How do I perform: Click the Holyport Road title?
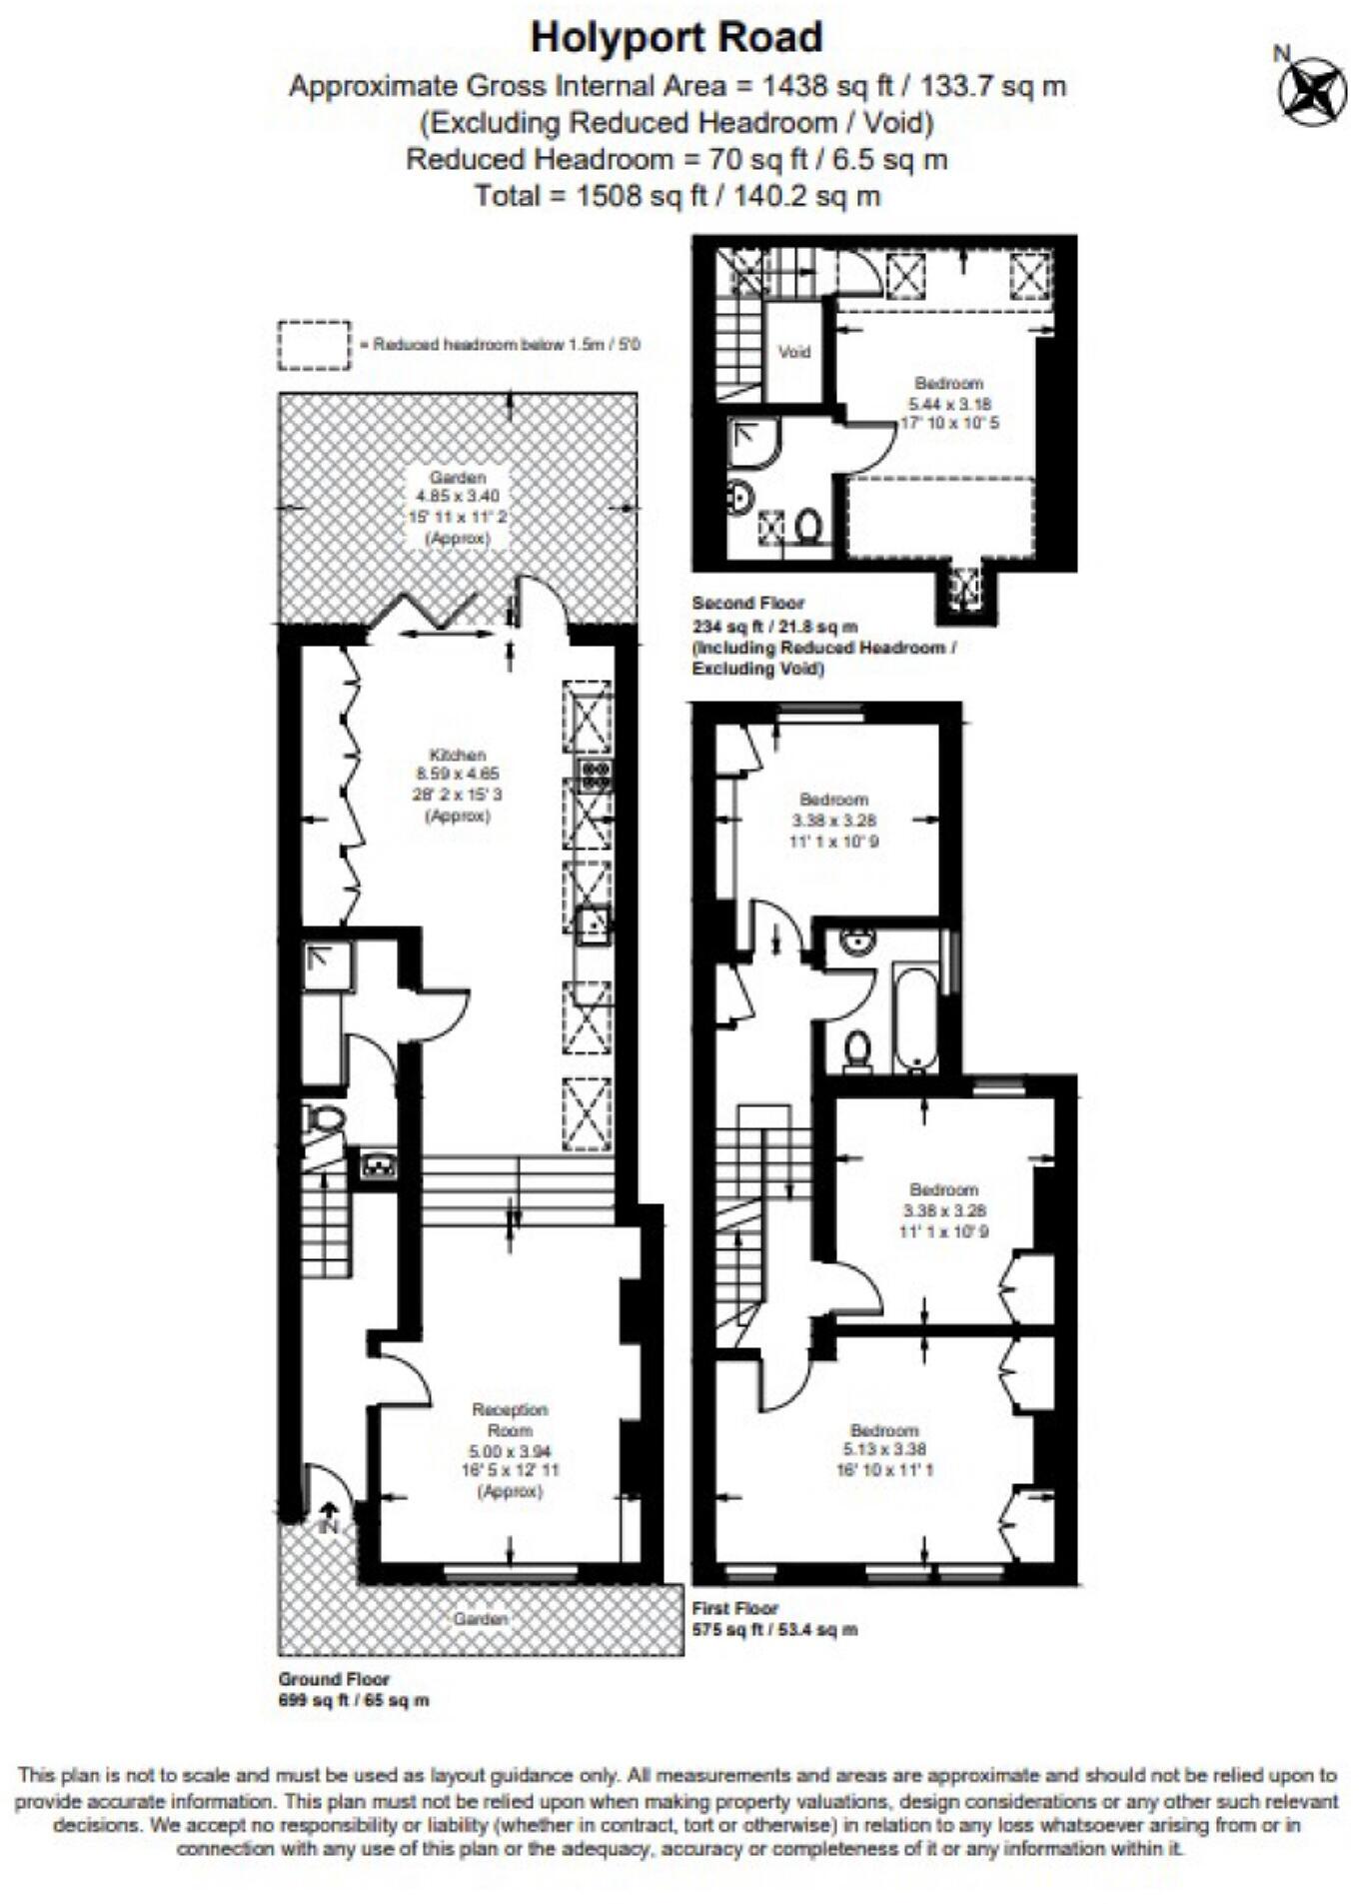coord(677,38)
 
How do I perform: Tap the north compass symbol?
coord(1311,91)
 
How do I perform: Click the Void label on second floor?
coord(794,352)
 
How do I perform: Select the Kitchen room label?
coord(458,756)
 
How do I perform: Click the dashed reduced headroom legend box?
coord(314,345)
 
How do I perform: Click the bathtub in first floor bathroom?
coord(914,1016)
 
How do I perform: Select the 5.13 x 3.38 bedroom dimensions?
coord(884,1449)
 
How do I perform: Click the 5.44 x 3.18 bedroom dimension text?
coord(948,404)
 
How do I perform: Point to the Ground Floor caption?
coord(334,1679)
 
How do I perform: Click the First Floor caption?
coord(734,1608)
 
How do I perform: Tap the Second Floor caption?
coord(747,603)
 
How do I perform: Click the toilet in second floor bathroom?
coord(809,526)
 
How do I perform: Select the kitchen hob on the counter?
coord(596,771)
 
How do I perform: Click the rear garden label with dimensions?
coord(458,506)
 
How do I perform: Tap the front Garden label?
coord(481,1618)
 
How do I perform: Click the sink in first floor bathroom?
coord(857,941)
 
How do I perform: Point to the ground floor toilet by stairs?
coord(326,1119)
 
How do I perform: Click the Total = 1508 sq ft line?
coord(677,196)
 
